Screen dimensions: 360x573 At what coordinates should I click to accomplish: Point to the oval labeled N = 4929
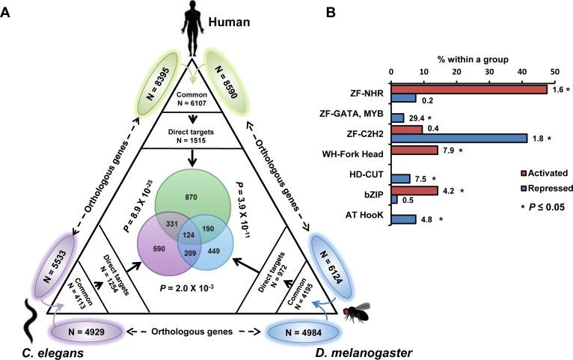tap(84, 332)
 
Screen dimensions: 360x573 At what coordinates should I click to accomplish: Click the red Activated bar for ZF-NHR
tap(469, 89)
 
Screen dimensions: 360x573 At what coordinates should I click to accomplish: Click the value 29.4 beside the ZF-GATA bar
tap(417, 118)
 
